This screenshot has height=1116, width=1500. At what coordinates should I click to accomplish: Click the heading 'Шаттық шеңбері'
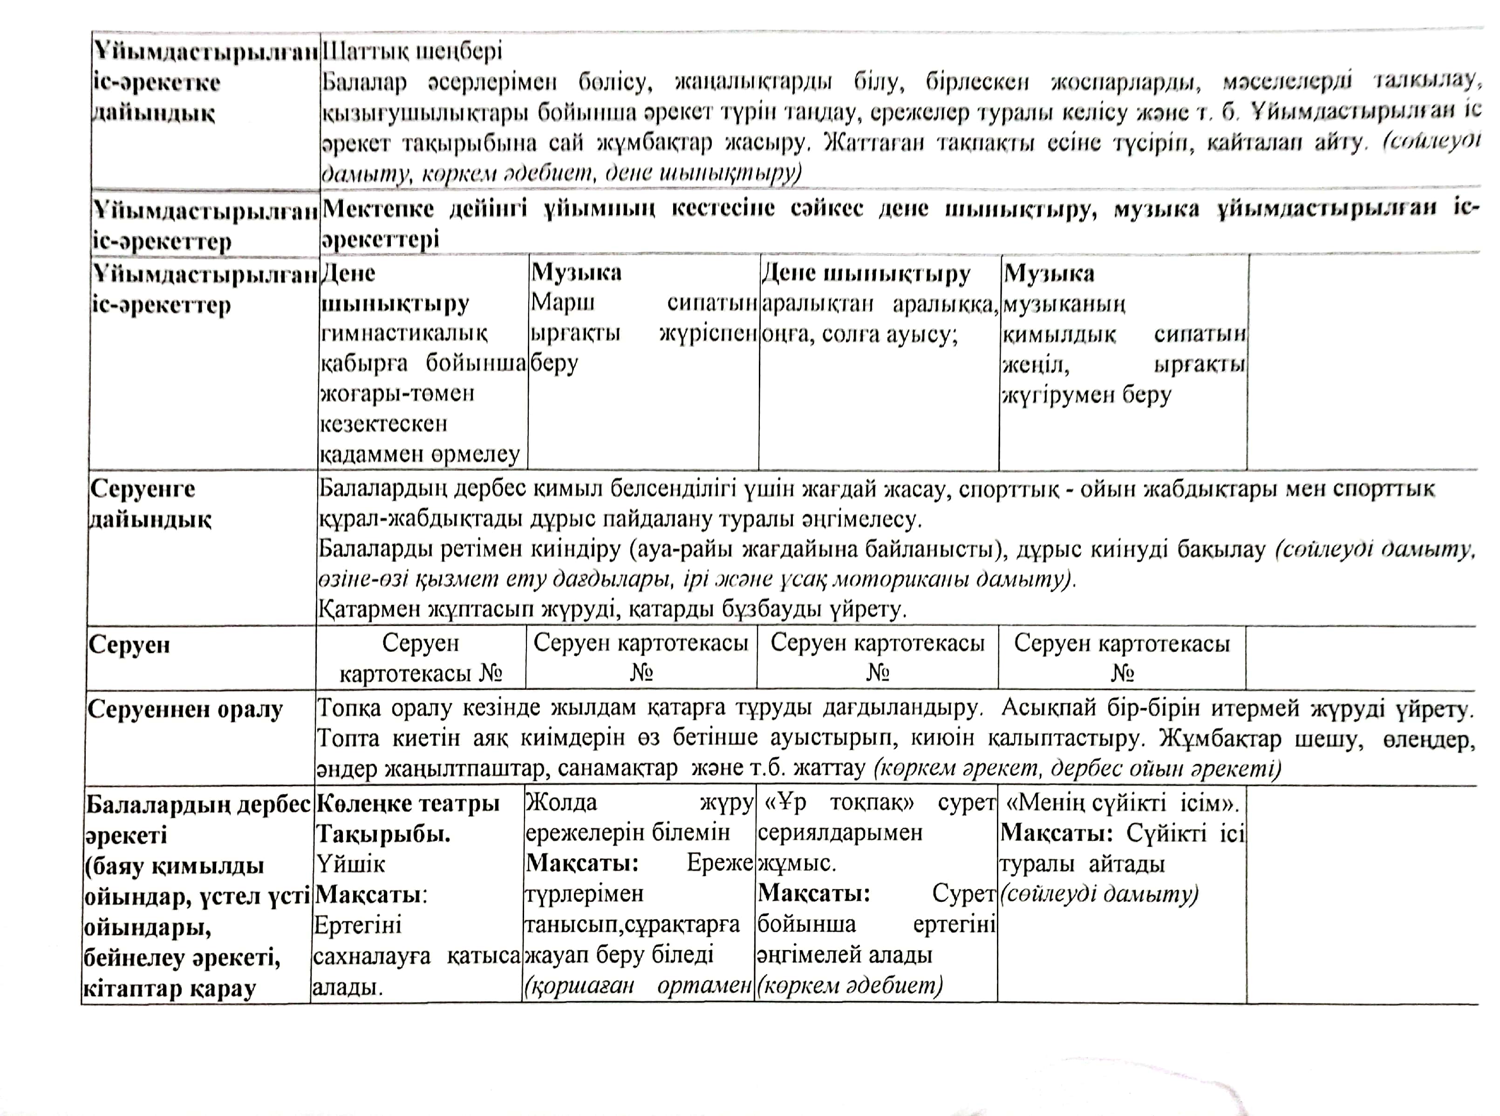coord(412,51)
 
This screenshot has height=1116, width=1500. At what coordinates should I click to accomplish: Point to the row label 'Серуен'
coord(129,645)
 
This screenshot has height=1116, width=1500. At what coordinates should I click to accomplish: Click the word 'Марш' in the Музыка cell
coord(562,303)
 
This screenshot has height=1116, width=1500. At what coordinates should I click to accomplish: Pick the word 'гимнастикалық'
coord(403,333)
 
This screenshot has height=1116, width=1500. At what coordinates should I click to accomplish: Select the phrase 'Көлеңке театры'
coord(408,803)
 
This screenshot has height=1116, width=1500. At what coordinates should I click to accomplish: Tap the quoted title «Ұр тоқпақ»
coord(840,803)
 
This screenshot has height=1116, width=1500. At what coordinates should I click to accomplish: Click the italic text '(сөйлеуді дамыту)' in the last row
coord(1098,894)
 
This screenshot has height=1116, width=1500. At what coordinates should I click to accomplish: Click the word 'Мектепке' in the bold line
coord(378,209)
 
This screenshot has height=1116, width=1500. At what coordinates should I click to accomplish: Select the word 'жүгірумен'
coord(1057,394)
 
